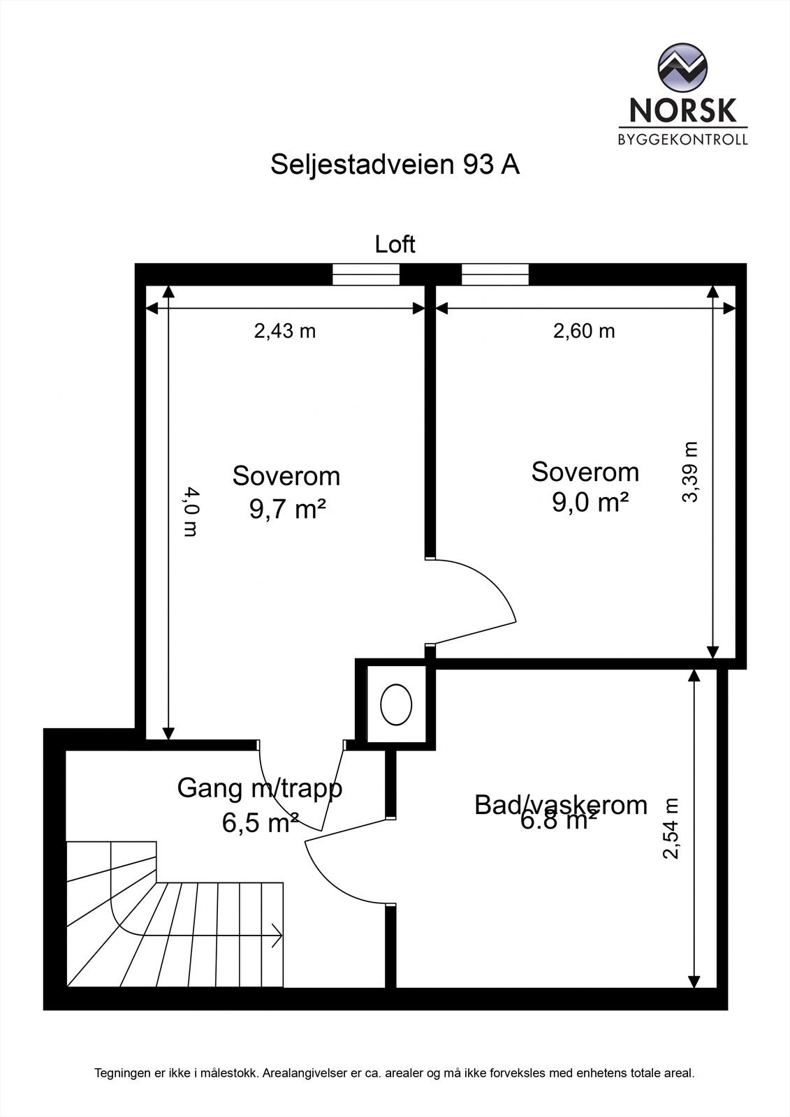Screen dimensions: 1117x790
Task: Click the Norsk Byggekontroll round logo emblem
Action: pos(682,68)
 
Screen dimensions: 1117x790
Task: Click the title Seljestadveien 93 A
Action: pos(395,165)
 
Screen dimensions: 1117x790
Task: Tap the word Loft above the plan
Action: pos(395,244)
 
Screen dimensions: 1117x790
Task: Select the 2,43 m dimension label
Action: pos(284,331)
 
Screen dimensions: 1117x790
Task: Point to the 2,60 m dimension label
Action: pos(584,331)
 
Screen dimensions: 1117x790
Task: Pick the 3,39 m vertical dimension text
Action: pos(690,472)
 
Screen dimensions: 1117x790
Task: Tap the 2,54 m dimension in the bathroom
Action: pos(671,829)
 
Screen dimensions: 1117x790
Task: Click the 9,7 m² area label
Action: pos(288,509)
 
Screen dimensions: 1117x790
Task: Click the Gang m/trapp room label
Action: pos(260,788)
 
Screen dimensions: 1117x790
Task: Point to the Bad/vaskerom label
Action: pos(561,804)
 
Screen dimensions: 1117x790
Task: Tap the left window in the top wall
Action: pos(366,274)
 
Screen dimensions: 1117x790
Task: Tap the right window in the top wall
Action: pos(495,274)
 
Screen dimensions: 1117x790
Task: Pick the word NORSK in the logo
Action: pos(682,110)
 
